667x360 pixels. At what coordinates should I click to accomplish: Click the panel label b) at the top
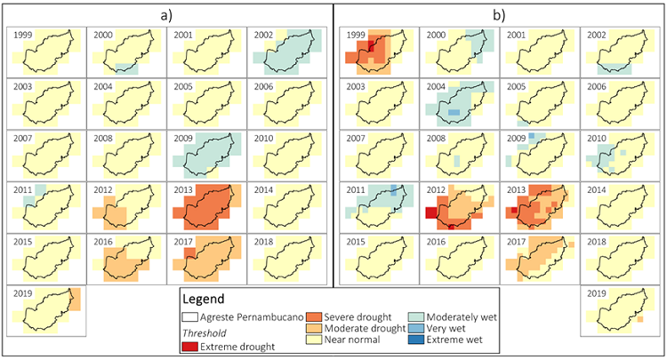coord(500,14)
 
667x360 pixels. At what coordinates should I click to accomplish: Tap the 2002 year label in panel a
coord(264,35)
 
